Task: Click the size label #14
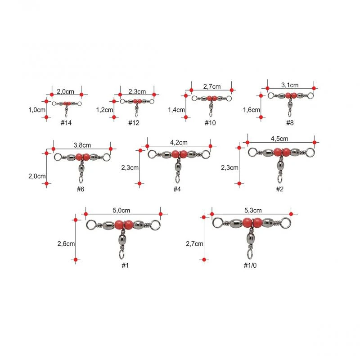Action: click(x=66, y=123)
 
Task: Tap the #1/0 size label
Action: click(x=250, y=265)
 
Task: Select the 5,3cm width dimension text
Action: click(x=253, y=210)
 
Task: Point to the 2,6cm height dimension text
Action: click(x=66, y=243)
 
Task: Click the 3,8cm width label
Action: click(x=82, y=145)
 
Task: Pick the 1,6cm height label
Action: click(x=252, y=110)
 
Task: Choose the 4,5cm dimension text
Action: click(x=279, y=139)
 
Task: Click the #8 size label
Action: click(x=290, y=123)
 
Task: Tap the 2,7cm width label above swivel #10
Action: click(x=211, y=86)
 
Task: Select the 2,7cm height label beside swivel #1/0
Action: click(x=194, y=243)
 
